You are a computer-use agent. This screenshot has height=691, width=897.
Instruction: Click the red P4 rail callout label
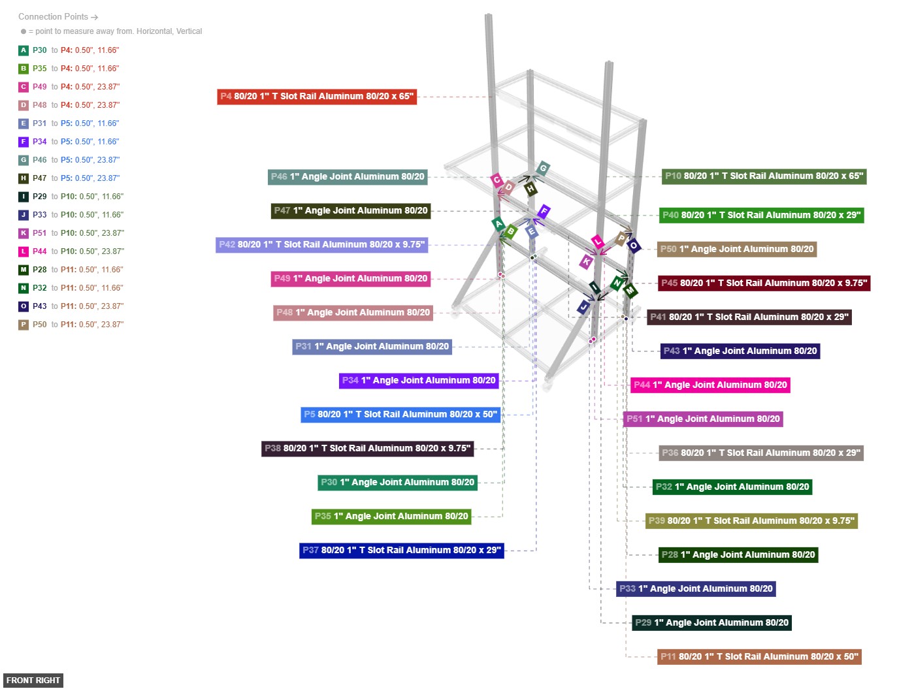(317, 97)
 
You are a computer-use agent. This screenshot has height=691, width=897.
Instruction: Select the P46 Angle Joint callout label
(348, 176)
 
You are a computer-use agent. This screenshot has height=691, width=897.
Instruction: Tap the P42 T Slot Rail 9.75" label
(321, 245)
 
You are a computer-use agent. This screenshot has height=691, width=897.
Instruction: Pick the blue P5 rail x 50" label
(400, 415)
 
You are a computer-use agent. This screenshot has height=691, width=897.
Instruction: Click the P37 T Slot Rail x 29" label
(401, 551)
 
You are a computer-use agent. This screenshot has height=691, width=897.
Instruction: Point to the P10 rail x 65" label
(764, 176)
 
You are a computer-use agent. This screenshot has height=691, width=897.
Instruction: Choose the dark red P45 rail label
(764, 283)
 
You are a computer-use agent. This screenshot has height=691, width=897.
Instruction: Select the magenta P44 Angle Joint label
(709, 385)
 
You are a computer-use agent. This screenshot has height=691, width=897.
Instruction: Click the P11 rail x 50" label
(758, 657)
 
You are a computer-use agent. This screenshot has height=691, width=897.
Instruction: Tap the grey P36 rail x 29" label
(760, 453)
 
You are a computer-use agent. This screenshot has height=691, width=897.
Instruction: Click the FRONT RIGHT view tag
(33, 681)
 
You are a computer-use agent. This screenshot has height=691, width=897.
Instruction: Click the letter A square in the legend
(24, 50)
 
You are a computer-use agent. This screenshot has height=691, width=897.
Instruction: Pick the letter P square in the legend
(24, 325)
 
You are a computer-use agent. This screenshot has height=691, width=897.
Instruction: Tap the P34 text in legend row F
(40, 142)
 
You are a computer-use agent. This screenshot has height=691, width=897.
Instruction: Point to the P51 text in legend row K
(40, 233)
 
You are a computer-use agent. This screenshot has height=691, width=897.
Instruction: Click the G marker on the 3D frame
(542, 169)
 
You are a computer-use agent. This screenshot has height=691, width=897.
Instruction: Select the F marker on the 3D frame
(544, 212)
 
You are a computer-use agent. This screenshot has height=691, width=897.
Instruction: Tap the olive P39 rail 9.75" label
(751, 521)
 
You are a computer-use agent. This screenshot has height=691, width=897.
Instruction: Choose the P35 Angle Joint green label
(391, 517)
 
